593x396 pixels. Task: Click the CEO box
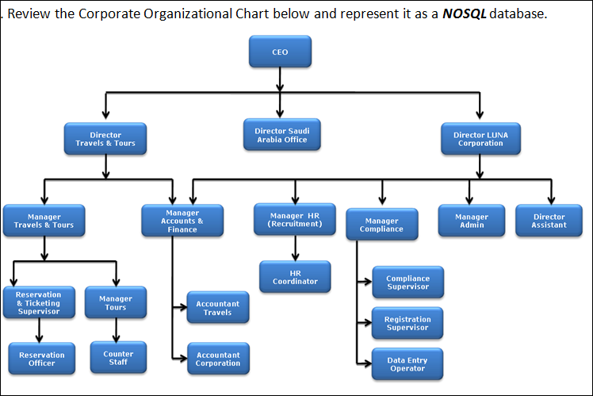tap(280, 52)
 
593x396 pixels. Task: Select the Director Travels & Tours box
tap(105, 139)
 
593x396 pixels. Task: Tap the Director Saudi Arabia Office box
tap(281, 135)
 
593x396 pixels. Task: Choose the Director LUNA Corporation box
tap(480, 139)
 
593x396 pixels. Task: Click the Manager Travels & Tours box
tap(44, 221)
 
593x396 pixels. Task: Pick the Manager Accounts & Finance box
tap(182, 221)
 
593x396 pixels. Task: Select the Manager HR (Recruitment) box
tap(296, 220)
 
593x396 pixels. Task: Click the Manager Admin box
tap(472, 221)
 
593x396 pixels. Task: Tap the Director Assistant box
tap(549, 221)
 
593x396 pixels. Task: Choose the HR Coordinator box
tap(295, 277)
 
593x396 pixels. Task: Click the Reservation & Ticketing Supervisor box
tap(37, 303)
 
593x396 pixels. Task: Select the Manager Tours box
tap(115, 302)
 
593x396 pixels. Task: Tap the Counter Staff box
tap(118, 358)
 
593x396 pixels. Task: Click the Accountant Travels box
tap(217, 308)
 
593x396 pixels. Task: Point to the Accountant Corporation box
tap(217, 359)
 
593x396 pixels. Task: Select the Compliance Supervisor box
tap(407, 283)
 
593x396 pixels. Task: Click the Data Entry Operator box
tap(407, 364)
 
